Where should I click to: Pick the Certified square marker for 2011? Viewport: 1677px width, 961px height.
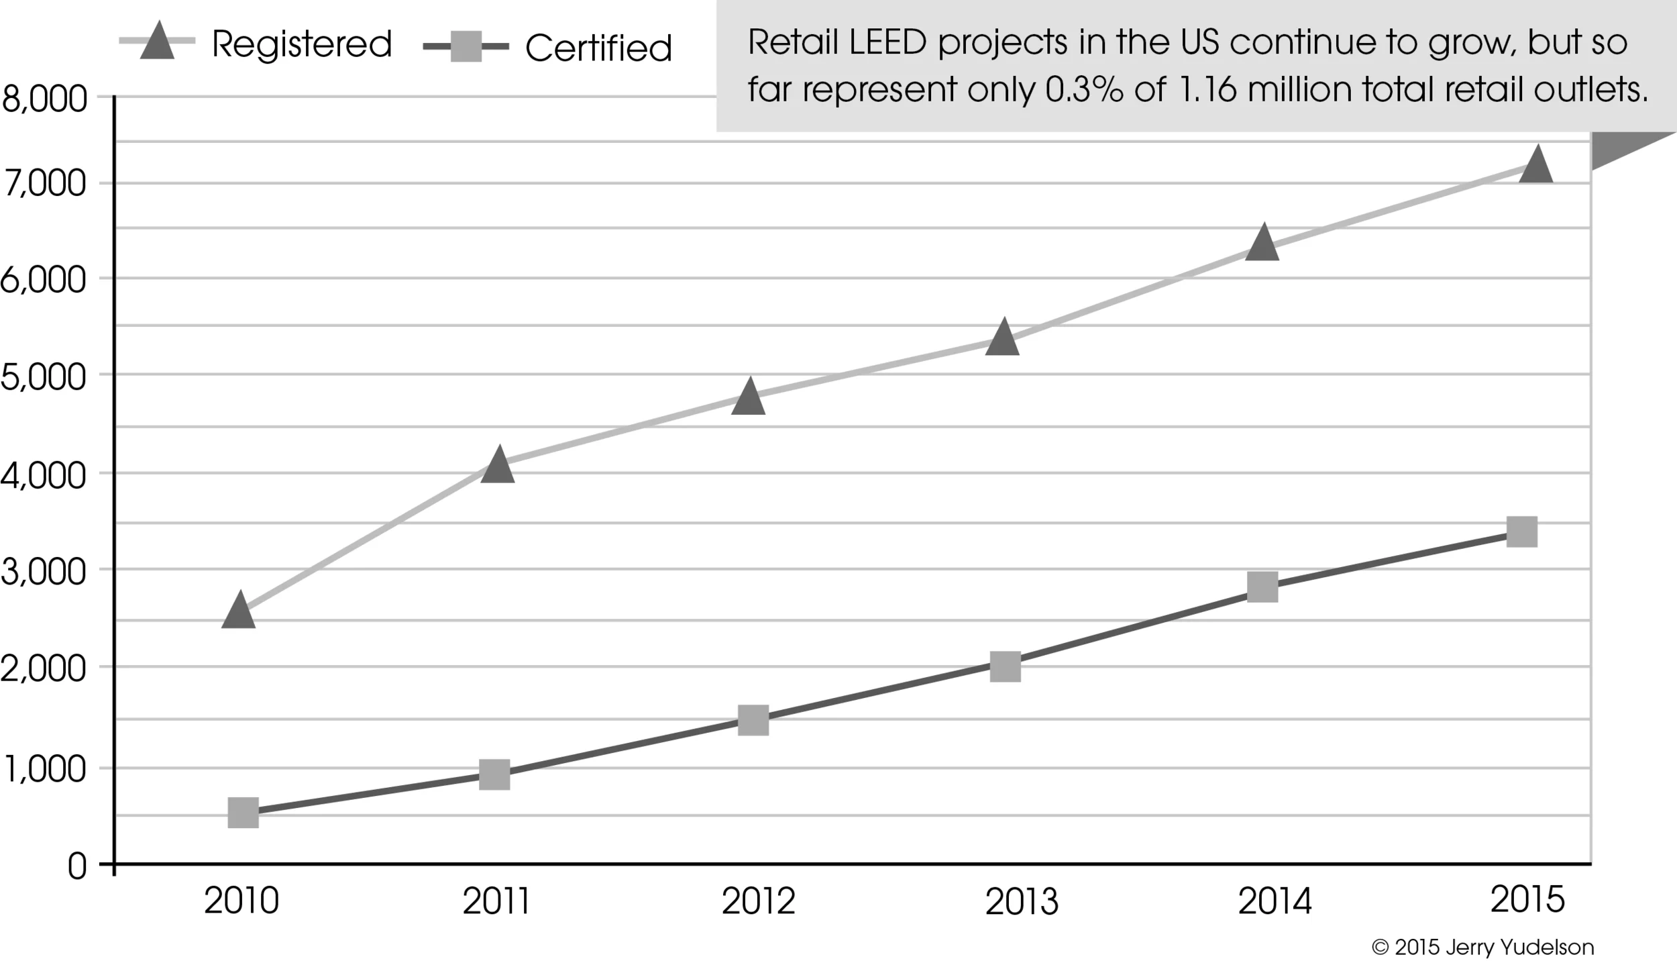(494, 775)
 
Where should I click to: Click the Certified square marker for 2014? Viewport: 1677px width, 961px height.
(1262, 587)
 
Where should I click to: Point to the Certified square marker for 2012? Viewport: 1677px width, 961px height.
(753, 720)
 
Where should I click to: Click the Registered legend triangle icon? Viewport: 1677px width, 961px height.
(158, 42)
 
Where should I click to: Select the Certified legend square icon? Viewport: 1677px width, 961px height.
(466, 47)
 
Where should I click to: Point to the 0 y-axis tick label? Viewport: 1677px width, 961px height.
(77, 867)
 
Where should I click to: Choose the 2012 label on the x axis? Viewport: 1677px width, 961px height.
(758, 901)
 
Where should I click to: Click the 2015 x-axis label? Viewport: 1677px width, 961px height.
(1527, 899)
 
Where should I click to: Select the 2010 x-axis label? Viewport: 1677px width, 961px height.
(241, 901)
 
